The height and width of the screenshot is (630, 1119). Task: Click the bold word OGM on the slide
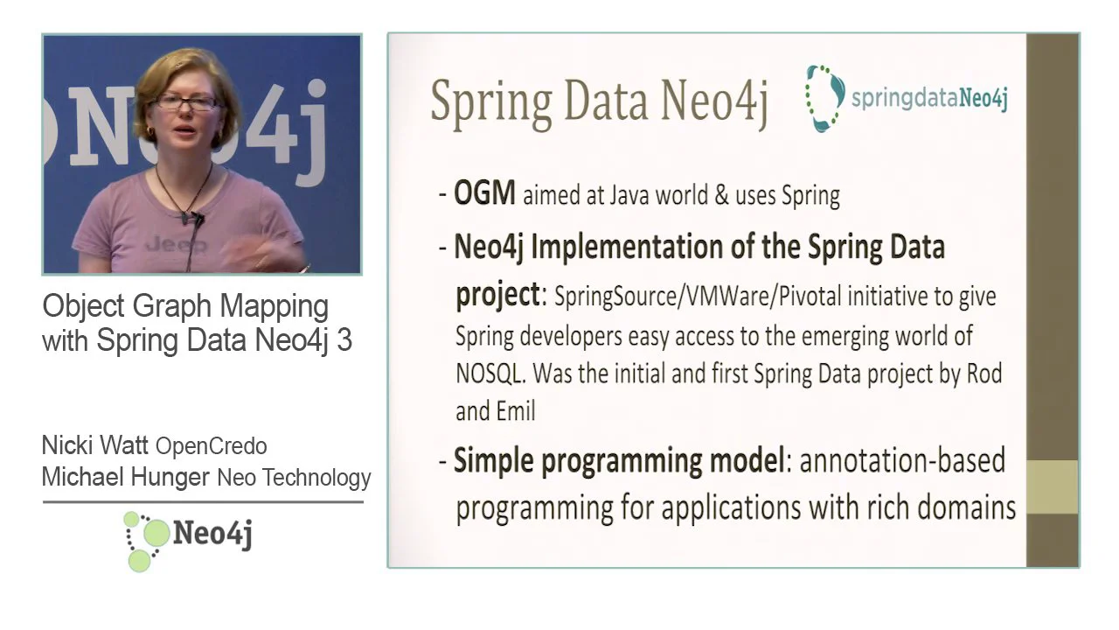click(484, 193)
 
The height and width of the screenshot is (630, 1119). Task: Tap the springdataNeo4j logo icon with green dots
click(824, 99)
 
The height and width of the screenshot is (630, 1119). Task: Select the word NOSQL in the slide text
click(490, 373)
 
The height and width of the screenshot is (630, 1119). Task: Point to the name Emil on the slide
click(516, 411)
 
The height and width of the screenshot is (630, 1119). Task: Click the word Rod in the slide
click(984, 373)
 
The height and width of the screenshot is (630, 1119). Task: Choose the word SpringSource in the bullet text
click(615, 297)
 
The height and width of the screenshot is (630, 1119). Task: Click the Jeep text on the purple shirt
click(176, 245)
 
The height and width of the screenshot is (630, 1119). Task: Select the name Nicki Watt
click(95, 444)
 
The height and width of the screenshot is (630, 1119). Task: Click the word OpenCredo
click(212, 446)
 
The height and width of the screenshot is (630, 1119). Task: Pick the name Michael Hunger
click(125, 477)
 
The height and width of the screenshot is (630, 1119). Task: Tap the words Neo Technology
click(295, 478)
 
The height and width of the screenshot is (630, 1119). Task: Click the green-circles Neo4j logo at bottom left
click(188, 541)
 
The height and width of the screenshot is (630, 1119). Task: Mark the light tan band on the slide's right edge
click(1052, 487)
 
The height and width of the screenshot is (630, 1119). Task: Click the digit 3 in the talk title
click(344, 340)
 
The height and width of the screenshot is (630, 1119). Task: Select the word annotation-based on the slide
click(903, 460)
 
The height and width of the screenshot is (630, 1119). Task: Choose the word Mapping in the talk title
click(275, 307)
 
